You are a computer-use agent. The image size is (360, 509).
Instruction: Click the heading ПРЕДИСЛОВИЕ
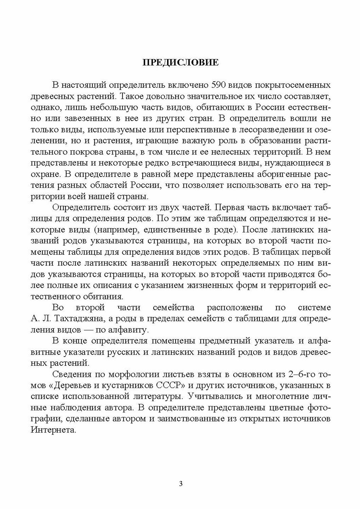[x=180, y=63]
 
